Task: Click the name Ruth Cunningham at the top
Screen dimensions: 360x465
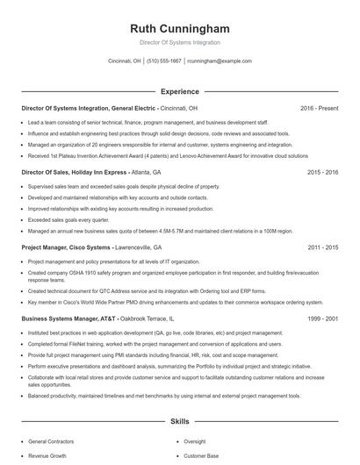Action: tap(179, 27)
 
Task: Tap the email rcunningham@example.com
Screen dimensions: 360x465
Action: tap(220, 61)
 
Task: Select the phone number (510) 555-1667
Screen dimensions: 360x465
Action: tap(164, 61)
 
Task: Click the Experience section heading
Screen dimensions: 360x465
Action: tap(179, 91)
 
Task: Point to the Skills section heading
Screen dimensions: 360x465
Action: tap(179, 422)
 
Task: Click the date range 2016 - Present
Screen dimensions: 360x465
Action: tap(319, 108)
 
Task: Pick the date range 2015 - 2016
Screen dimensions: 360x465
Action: tap(323, 174)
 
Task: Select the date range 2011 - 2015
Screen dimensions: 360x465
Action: tap(323, 248)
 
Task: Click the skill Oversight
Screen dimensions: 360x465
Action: tap(195, 442)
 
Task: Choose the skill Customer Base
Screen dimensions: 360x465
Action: tap(201, 456)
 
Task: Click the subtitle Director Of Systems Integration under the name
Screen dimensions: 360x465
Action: tap(179, 42)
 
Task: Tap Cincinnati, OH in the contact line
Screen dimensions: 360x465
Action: tap(124, 61)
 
